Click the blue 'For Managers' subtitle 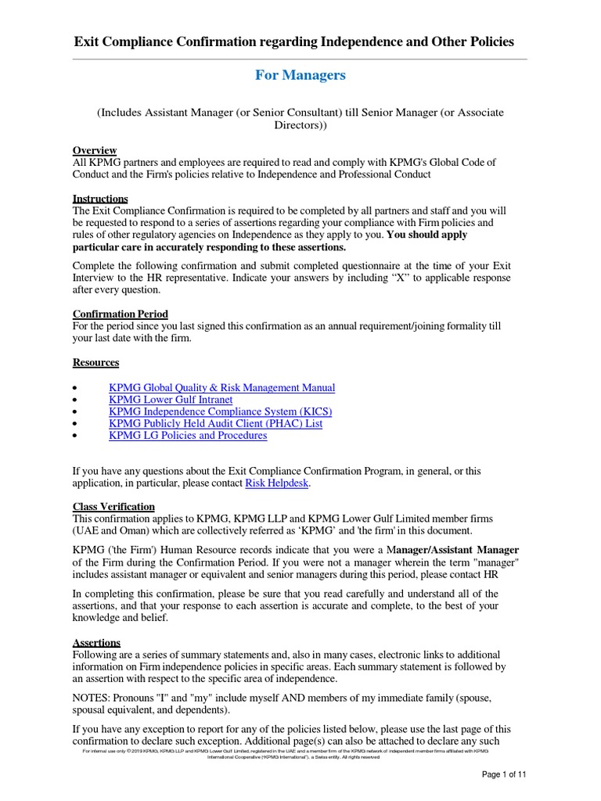[300, 75]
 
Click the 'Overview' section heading [95, 150]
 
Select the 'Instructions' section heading [100, 199]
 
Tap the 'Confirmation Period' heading [120, 314]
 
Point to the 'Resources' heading [95, 362]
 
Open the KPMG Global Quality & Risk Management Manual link [221, 388]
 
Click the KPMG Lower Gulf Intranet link [170, 400]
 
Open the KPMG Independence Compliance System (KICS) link [220, 411]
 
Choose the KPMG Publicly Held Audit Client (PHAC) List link [215, 423]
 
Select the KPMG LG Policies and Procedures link [188, 435]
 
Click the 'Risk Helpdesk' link [277, 483]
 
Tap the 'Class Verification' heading [113, 507]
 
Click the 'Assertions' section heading [96, 642]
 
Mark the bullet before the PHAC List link [74, 424]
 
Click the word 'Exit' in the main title [88, 41]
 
